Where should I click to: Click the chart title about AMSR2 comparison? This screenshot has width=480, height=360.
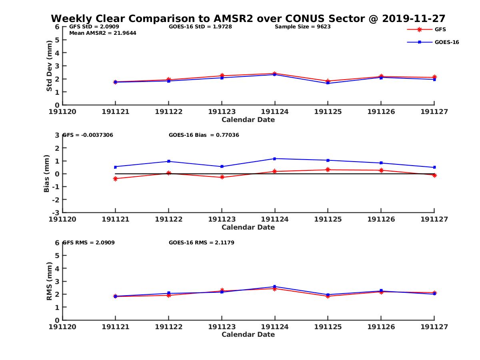248,19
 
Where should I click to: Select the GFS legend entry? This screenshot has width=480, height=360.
440,29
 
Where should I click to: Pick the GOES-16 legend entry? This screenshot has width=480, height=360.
446,42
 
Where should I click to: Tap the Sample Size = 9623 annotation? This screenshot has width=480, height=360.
302,27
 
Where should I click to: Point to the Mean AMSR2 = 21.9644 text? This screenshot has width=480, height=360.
103,33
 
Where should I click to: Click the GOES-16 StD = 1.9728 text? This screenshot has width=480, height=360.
200,27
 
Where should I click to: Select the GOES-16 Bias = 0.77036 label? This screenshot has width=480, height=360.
204,135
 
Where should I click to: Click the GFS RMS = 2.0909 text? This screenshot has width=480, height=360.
89,242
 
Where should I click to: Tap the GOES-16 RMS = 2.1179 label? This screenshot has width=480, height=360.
201,242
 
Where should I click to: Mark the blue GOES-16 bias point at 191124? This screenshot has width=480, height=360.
275,159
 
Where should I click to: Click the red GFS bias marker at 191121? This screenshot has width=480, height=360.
115,179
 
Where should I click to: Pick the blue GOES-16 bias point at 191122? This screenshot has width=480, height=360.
168,161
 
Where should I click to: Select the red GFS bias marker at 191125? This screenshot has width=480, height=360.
328,170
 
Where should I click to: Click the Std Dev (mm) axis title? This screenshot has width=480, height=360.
49,66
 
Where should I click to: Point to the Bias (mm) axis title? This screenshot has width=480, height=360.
47,174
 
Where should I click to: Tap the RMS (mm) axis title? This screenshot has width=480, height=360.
49,281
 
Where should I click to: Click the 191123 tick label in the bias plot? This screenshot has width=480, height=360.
222,219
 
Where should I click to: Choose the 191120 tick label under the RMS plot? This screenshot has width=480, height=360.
63,327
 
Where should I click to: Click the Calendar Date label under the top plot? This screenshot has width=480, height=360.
248,120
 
